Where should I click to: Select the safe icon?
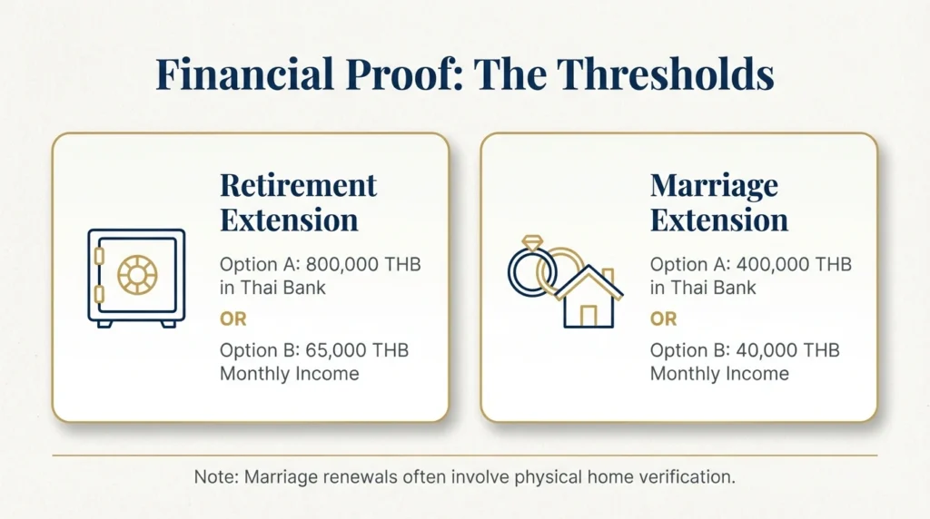pos(136,277)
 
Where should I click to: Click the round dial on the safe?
pos(137,273)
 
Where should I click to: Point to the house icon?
pos(589,297)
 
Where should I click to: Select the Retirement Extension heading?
pos(298,202)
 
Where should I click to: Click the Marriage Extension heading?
pos(718,202)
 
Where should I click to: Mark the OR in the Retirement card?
pos(232,319)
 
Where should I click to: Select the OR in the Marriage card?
pos(663,319)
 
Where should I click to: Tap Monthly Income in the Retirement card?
pos(289,374)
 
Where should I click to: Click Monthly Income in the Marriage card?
pos(719,374)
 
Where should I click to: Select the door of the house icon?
pos(589,316)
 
